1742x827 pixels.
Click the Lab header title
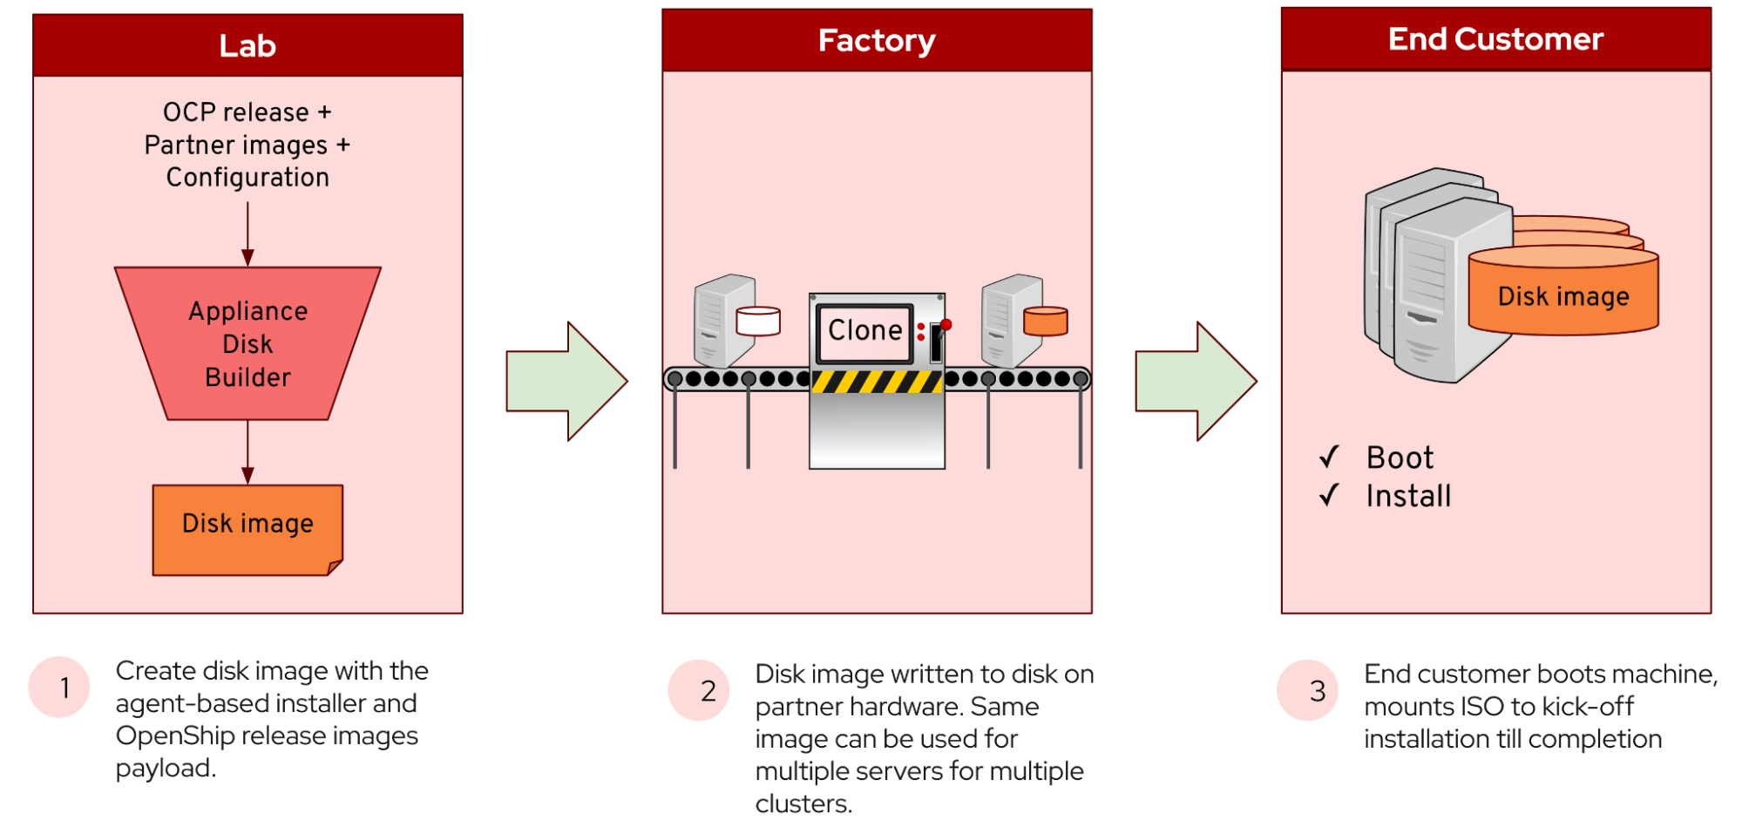[x=247, y=45]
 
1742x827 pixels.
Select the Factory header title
[x=877, y=41]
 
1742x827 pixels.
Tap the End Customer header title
[x=1495, y=39]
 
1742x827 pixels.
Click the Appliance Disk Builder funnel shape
[x=247, y=343]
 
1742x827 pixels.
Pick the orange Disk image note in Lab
[x=247, y=530]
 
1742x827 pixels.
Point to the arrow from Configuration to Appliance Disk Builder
[x=247, y=234]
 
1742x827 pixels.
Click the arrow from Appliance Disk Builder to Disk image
[x=247, y=452]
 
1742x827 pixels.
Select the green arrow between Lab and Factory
[x=566, y=381]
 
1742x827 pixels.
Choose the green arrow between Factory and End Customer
[x=1196, y=381]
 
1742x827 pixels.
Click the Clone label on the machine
[x=864, y=330]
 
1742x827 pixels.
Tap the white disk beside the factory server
[x=758, y=321]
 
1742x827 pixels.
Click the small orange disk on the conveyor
[x=1046, y=321]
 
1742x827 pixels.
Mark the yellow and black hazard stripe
[x=877, y=382]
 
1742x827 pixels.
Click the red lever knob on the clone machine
[x=946, y=325]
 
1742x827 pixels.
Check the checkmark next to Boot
[x=1329, y=456]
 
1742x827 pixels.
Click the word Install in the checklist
[x=1408, y=496]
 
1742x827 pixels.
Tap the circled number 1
[x=59, y=688]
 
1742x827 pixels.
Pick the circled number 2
[x=699, y=690]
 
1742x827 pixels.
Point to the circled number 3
[x=1307, y=690]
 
